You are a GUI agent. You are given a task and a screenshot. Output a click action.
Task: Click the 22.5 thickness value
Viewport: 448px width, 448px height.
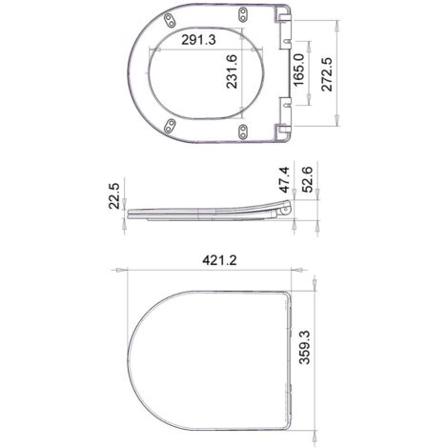pyautogui.click(x=115, y=197)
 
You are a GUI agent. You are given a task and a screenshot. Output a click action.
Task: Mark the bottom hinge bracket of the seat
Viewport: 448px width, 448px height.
pyautogui.click(x=281, y=130)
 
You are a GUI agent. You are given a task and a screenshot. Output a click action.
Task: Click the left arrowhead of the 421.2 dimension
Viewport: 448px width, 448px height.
pyautogui.click(x=120, y=271)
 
